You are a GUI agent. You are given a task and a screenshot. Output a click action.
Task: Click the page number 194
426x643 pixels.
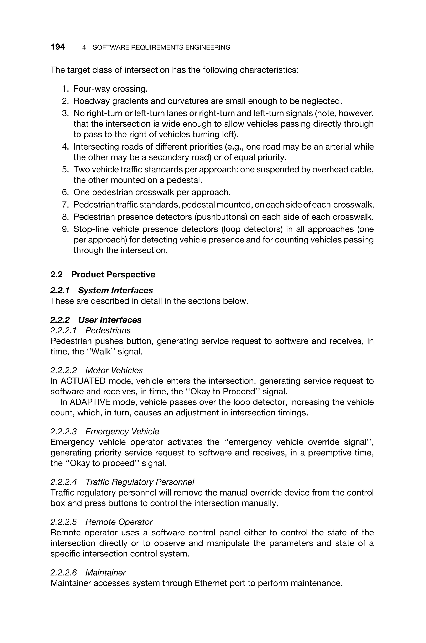coord(58,47)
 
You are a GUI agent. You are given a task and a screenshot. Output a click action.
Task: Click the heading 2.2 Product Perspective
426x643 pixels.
coord(103,274)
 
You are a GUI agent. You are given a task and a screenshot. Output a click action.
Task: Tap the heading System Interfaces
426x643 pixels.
coord(115,290)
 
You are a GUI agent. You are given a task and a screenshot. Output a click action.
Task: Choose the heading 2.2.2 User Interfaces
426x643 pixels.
coord(96,320)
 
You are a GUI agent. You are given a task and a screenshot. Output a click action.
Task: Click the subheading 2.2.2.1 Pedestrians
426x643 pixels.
coord(90,330)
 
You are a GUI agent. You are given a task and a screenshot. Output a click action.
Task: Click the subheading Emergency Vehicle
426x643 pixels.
coord(122,432)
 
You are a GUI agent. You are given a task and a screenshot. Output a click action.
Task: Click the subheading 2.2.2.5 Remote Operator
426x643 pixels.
coord(102,522)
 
